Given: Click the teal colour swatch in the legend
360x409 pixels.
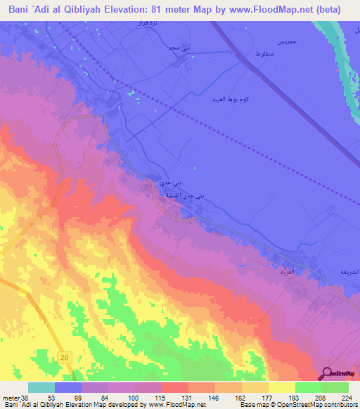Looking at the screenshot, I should point(41,387).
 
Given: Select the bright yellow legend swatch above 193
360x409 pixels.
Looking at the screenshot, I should point(282,387).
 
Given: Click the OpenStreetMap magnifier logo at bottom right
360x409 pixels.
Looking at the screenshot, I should point(326,374).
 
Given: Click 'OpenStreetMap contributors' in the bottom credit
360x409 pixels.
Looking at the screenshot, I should point(311,405).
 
